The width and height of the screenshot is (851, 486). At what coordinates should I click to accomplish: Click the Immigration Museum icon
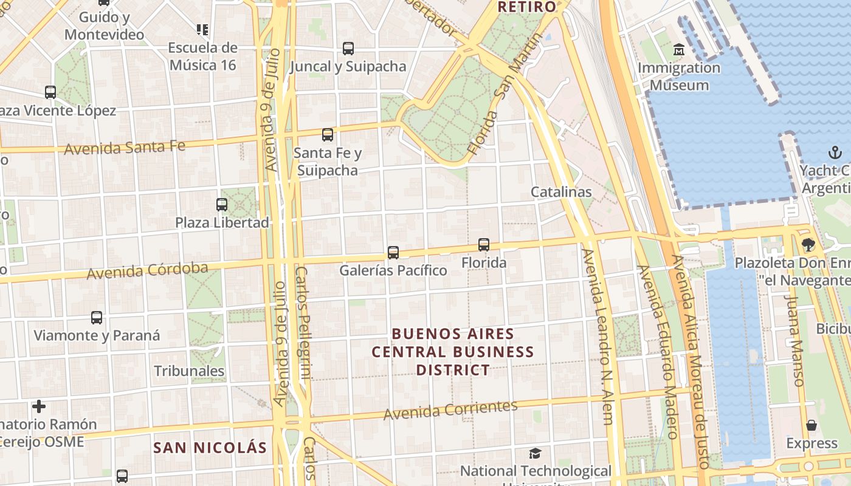point(678,49)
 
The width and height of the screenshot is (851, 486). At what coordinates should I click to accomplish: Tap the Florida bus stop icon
point(484,245)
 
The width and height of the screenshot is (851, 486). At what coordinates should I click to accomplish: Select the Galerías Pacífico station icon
point(393,252)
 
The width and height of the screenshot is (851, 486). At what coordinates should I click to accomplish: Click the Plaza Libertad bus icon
point(222,205)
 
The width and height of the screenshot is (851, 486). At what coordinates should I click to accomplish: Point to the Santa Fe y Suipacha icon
point(328,135)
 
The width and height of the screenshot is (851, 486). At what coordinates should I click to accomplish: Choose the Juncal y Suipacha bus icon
point(348,49)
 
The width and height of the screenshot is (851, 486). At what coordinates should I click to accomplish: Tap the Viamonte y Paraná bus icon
point(97,317)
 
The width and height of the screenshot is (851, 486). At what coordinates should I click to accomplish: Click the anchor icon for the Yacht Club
point(835,152)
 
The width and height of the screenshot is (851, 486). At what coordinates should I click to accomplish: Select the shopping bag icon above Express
point(811,425)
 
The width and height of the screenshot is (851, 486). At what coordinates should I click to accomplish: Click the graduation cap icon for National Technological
point(535,453)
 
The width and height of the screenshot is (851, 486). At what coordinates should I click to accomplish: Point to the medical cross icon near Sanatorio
point(39,406)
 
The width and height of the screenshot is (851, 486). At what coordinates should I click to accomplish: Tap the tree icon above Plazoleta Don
point(808,245)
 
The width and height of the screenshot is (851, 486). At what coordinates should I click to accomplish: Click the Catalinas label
point(561,192)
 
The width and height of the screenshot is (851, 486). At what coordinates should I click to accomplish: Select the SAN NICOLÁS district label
point(210,448)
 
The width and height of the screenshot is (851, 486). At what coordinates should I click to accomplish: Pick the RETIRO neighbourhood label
point(526,7)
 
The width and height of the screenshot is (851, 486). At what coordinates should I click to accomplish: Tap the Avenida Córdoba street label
point(147,270)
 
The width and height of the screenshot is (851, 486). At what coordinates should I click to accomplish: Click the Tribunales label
point(189,371)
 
